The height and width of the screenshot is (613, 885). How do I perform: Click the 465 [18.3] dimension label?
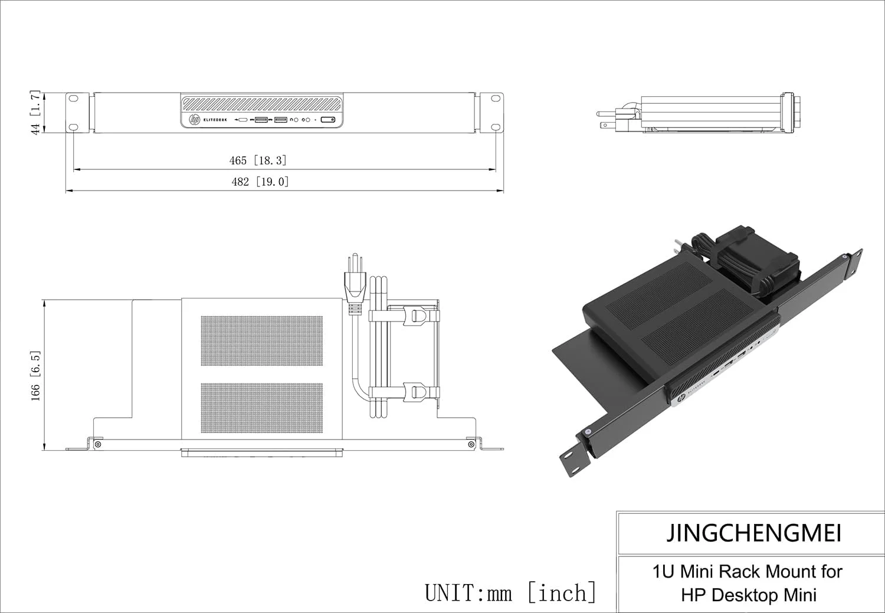click(258, 160)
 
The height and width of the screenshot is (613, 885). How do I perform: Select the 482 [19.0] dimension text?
click(260, 182)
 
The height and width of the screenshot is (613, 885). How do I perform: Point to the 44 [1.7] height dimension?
click(35, 113)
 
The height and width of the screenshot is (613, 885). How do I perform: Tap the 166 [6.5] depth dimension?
click(35, 376)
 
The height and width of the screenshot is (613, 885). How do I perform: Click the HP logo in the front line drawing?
click(194, 120)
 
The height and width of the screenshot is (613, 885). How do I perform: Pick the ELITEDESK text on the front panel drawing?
click(215, 120)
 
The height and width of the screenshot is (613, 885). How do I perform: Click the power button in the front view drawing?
click(329, 120)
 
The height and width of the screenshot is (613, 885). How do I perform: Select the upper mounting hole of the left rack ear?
click(74, 99)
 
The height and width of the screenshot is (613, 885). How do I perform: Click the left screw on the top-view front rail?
click(98, 444)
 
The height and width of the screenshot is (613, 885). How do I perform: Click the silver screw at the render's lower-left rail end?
click(587, 432)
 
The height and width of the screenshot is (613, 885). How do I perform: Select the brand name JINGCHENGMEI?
click(753, 533)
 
